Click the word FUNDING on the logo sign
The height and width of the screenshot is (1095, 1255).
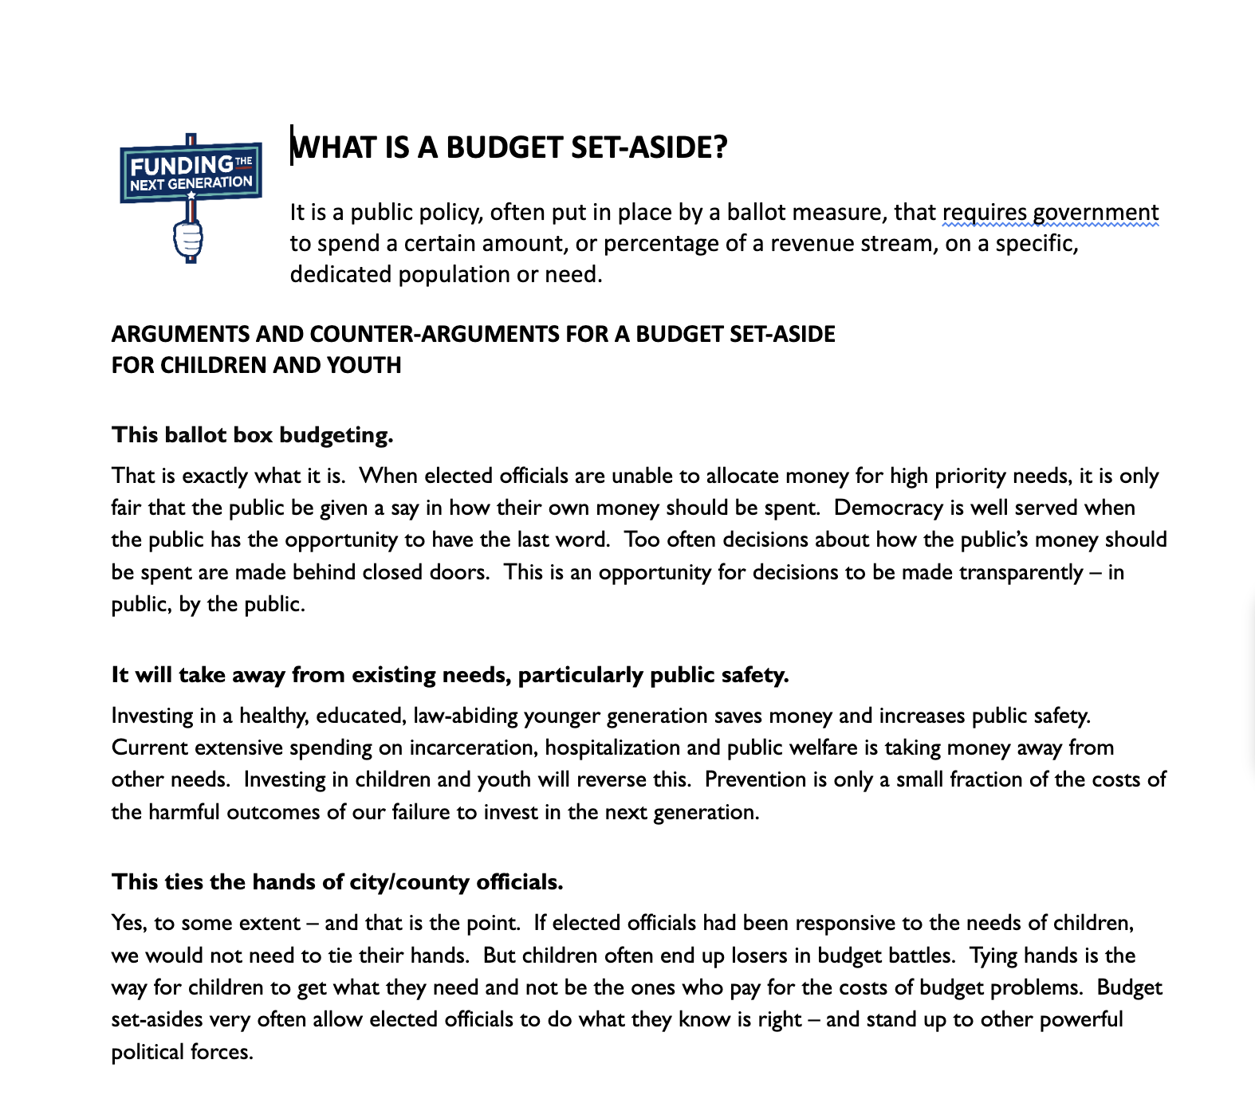point(182,166)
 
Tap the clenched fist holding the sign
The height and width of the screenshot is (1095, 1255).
point(188,238)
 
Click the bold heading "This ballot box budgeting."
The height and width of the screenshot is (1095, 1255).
point(253,435)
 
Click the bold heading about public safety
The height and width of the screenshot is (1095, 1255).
point(450,675)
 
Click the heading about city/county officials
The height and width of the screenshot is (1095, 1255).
point(337,882)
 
